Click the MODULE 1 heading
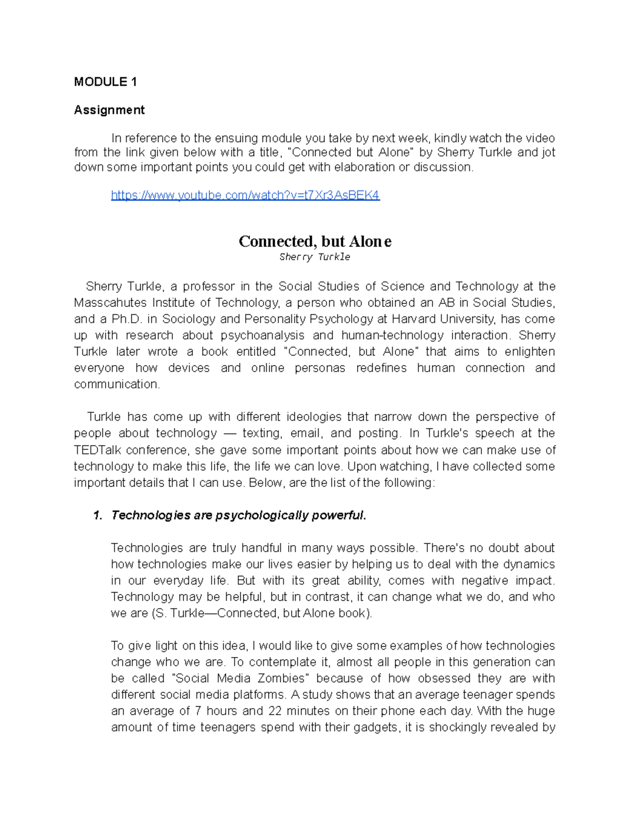click(106, 82)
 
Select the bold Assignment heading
click(109, 110)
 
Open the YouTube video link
click(245, 196)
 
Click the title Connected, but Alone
click(315, 241)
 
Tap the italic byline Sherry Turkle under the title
click(314, 257)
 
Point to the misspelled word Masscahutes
click(111, 303)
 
